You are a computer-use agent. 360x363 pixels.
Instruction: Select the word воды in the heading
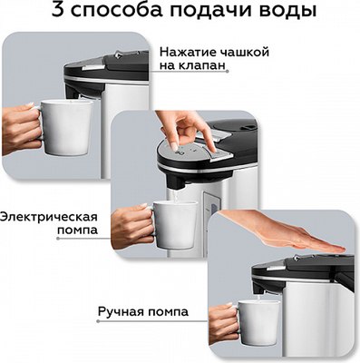click(x=283, y=14)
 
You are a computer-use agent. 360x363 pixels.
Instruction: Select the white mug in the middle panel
click(x=172, y=223)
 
